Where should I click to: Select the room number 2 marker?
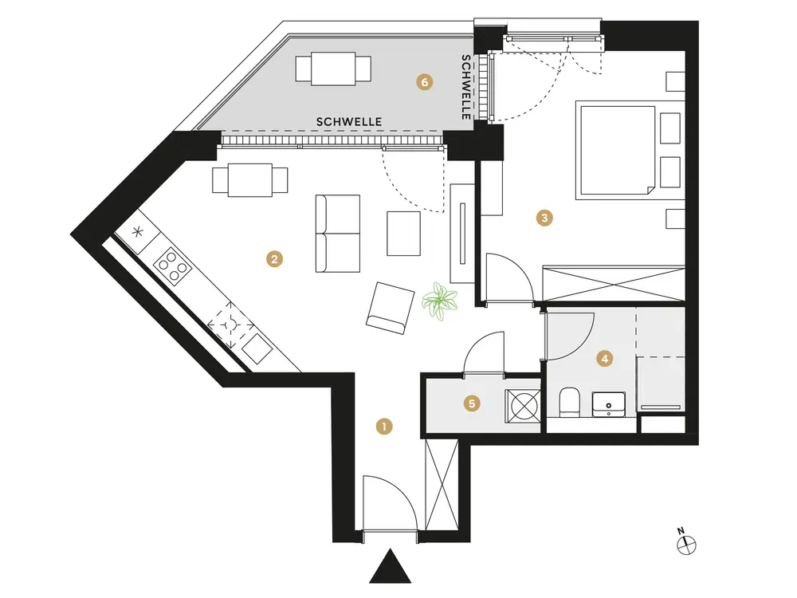coord(273,258)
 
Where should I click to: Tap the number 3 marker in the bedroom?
coord(544,217)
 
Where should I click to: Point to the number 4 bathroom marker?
coord(606,359)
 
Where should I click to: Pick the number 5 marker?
coord(473,404)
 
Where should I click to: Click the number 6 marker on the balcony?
coord(425,81)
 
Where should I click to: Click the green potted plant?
coord(439,302)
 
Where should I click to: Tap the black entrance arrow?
coord(391,567)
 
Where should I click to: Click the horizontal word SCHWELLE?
coord(349,121)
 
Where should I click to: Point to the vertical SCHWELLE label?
coord(466,87)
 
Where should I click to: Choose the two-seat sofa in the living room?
coord(338,234)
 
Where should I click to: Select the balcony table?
coord(334,69)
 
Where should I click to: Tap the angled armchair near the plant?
coord(390,308)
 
